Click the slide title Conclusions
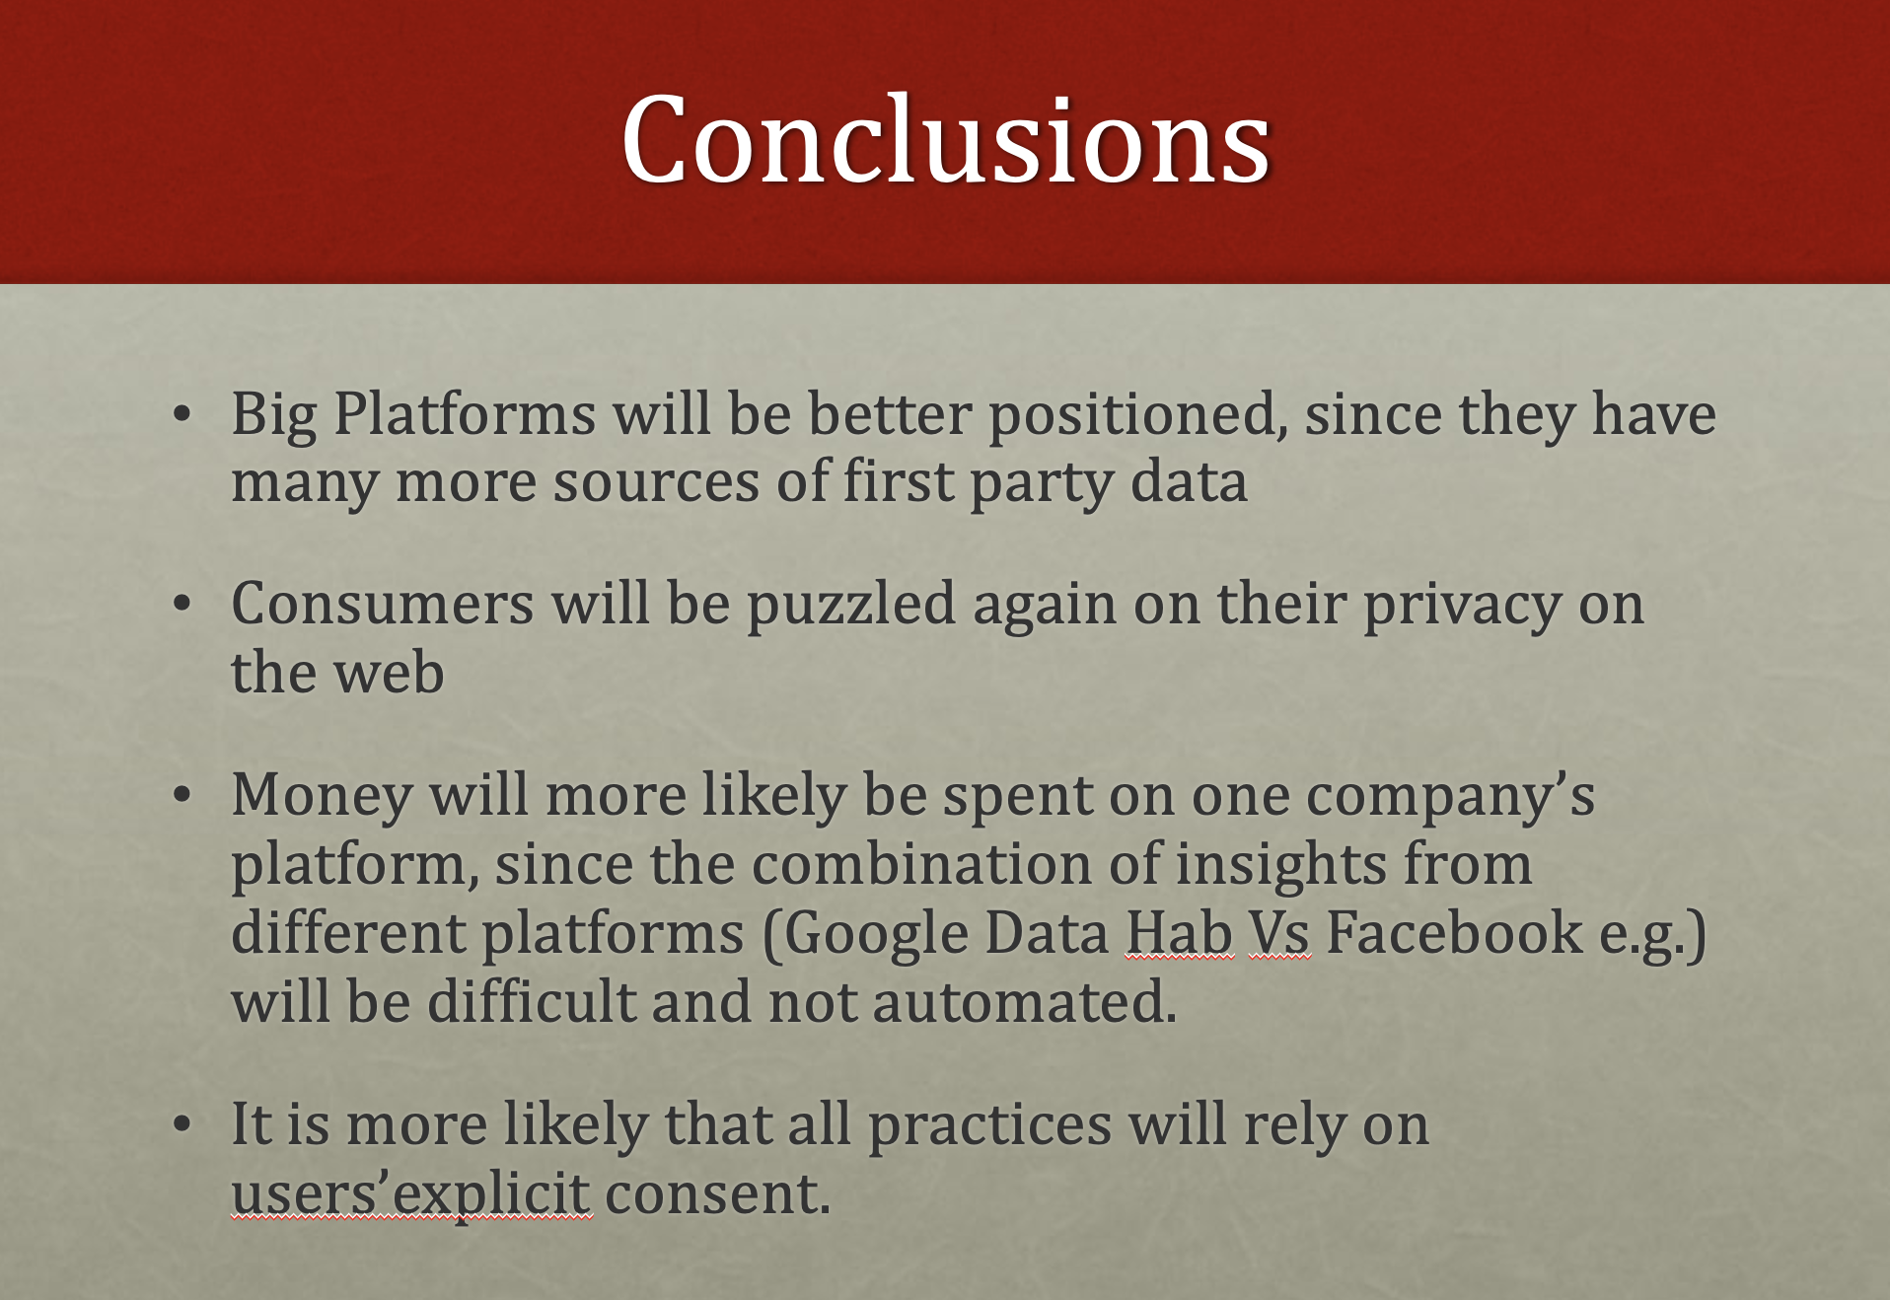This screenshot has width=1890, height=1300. pos(945,139)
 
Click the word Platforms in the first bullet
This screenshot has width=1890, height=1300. pos(465,413)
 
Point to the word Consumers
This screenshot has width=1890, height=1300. pos(383,604)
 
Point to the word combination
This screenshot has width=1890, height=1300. pos(921,864)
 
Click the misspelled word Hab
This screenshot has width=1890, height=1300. pos(1180,932)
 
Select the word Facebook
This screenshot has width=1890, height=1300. pos(1454,932)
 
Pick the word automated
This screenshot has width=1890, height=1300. pos(1025,1002)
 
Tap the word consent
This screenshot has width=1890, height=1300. pos(717,1194)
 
